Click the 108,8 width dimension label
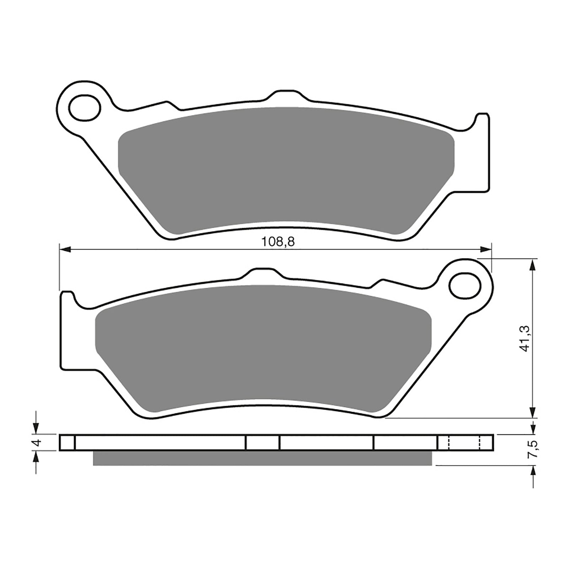tap(278, 242)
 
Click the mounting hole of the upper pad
tap(85, 107)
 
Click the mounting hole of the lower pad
tap(465, 285)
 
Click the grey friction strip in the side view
tap(262, 458)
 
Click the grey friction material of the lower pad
tap(263, 349)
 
